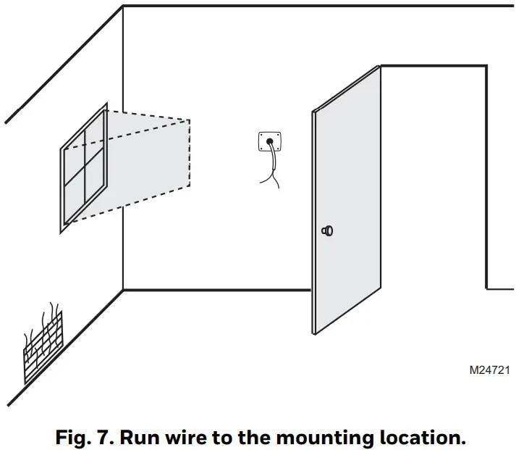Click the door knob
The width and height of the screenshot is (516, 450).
(x=328, y=231)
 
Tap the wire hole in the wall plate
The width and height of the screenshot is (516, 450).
(x=270, y=142)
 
